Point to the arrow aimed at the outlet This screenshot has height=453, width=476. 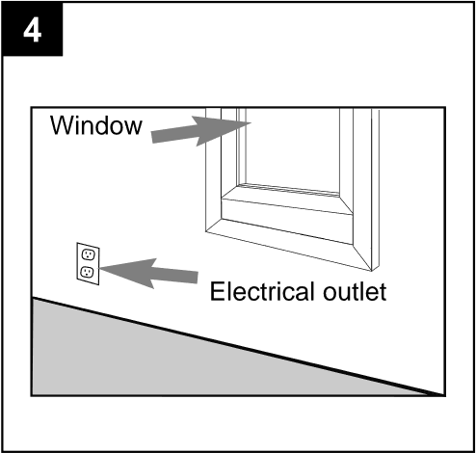click(x=145, y=272)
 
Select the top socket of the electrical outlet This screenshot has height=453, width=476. click(x=88, y=254)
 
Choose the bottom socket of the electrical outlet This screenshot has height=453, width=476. click(x=88, y=273)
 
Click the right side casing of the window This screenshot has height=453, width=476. click(x=367, y=173)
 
